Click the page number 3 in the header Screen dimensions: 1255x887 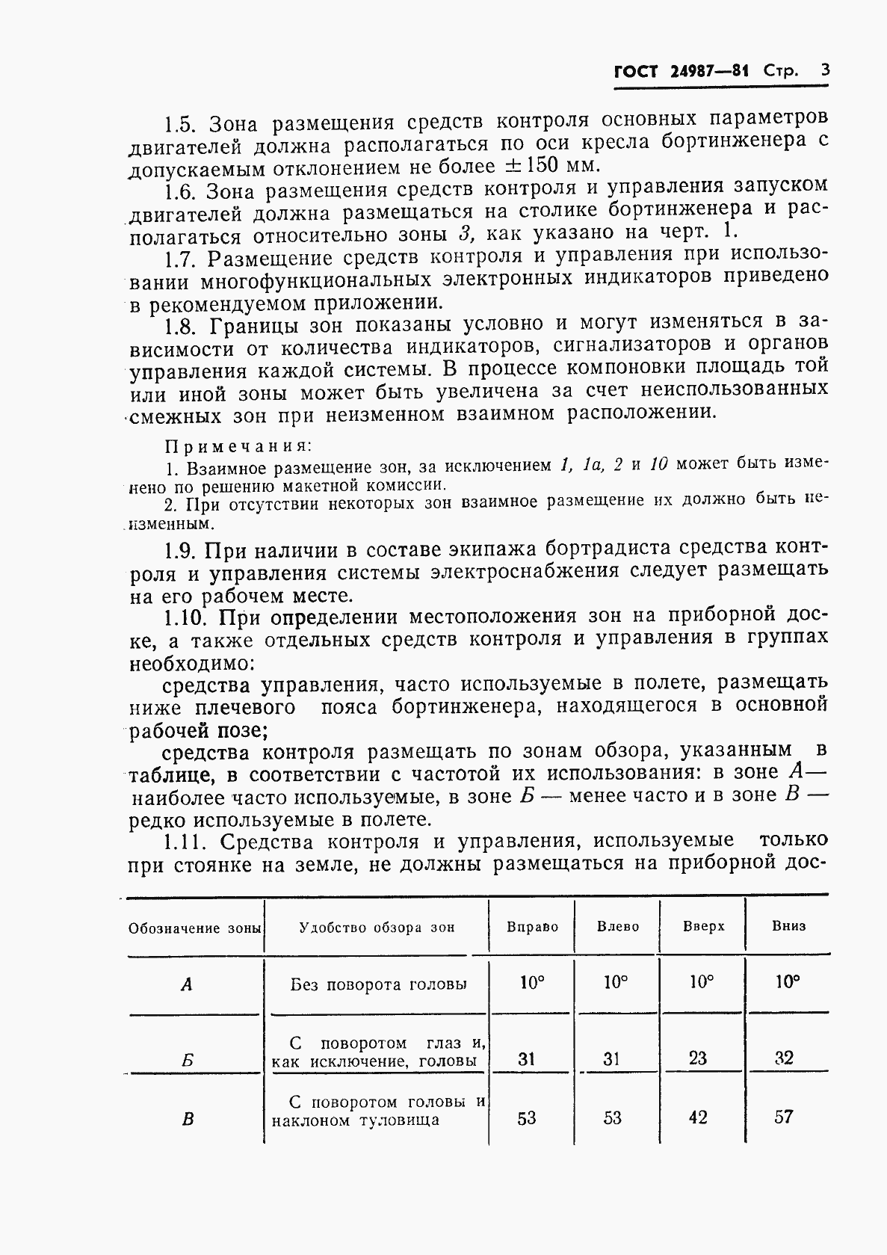coord(824,71)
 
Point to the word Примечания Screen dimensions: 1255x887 coord(237,446)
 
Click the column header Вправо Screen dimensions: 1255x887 coord(532,927)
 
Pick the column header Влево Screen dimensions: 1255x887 coord(618,927)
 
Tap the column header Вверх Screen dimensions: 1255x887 coord(703,926)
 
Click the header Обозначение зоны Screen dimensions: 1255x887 coord(194,928)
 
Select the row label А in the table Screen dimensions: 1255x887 coord(187,985)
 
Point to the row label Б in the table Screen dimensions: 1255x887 coord(188,1059)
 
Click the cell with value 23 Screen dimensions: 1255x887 coord(697,1058)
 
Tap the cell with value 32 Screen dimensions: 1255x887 coord(784,1057)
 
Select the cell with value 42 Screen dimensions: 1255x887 coord(697,1117)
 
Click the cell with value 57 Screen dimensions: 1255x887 coord(784,1117)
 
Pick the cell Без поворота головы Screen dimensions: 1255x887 coord(377,984)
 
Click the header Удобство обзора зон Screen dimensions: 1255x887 coord(377,928)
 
